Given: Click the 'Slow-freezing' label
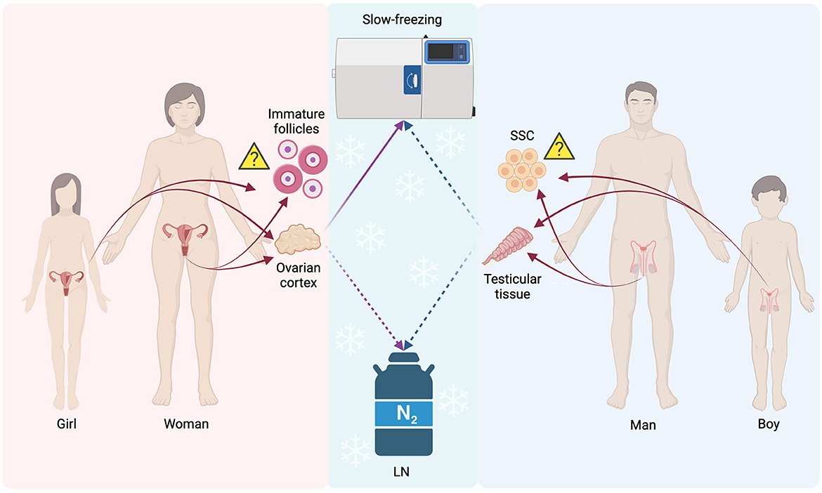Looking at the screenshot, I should (x=402, y=20).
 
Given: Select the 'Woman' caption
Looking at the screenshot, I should (x=186, y=424).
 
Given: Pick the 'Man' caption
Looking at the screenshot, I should (x=643, y=425).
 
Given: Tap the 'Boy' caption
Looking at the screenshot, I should (x=769, y=425).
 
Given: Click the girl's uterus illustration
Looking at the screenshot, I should (x=67, y=281).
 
